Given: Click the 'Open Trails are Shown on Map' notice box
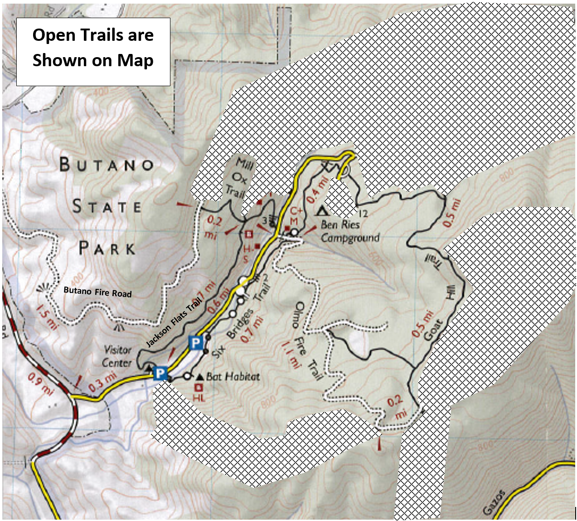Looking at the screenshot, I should pos(93,51).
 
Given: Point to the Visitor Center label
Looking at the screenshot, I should pos(117,356).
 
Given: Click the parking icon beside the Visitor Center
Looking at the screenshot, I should pos(160,373).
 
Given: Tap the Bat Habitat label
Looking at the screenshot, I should pos(233,376).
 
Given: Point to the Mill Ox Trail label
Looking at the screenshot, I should pos(238,177).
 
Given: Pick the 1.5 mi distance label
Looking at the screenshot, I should pos(47,317).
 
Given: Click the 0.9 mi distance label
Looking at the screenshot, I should pos(40,383).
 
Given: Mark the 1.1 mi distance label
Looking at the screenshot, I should pos(291,354).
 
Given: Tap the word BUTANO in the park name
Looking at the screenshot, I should pos(107,164).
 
